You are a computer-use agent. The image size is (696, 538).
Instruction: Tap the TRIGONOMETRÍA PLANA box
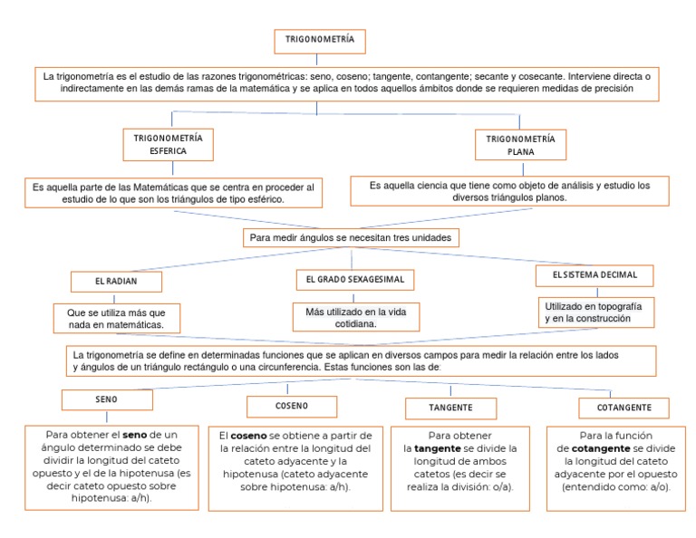[521, 145]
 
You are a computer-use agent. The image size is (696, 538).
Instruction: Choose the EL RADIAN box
[114, 282]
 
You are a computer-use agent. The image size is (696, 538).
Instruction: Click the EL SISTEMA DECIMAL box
[587, 274]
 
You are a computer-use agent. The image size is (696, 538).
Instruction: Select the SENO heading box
[106, 399]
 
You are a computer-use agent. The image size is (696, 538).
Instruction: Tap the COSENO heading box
[292, 406]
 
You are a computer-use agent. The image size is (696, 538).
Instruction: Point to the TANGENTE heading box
[450, 408]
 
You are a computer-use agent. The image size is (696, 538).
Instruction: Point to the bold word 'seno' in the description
[135, 435]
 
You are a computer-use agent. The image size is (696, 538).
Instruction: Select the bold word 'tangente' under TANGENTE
[437, 448]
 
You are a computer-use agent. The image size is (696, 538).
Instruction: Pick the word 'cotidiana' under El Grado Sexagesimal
[354, 323]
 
